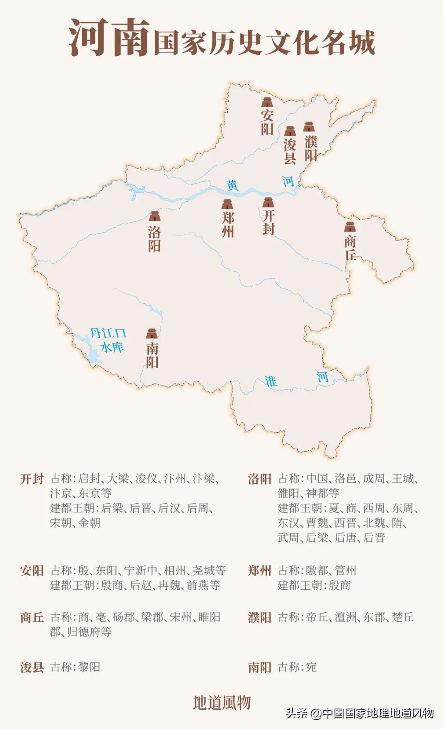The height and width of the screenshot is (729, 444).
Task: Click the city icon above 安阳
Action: pyautogui.click(x=267, y=102)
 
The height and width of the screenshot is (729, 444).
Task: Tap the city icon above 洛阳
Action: pyautogui.click(x=155, y=216)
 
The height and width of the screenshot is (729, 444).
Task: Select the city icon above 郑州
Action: pyautogui.click(x=227, y=204)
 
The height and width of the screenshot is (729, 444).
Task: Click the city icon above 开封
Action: pyautogui.click(x=268, y=202)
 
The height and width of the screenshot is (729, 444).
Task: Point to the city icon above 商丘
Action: pyautogui.click(x=350, y=227)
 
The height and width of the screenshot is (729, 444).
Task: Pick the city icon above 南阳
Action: pyautogui.click(x=152, y=333)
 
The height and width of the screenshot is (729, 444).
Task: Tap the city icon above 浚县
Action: pyautogui.click(x=290, y=131)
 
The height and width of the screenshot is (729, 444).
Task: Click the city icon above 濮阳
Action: pyautogui.click(x=309, y=127)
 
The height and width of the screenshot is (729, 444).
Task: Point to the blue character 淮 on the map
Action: pyautogui.click(x=271, y=381)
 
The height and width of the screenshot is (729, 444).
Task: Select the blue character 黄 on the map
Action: pyautogui.click(x=232, y=185)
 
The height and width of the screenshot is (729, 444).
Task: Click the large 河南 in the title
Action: pyautogui.click(x=109, y=38)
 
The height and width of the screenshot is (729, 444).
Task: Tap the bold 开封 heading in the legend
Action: pyautogui.click(x=32, y=479)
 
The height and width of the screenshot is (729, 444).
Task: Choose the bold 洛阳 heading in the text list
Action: pyautogui.click(x=259, y=479)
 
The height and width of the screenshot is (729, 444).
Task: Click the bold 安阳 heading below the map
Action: pyautogui.click(x=32, y=570)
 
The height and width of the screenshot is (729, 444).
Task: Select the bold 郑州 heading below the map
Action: pyautogui.click(x=259, y=570)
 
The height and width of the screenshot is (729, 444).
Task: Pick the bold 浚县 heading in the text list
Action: pyautogui.click(x=32, y=667)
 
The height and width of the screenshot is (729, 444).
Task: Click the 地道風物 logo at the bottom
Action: pyautogui.click(x=222, y=703)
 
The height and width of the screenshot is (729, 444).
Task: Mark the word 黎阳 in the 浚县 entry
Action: pyautogui.click(x=89, y=667)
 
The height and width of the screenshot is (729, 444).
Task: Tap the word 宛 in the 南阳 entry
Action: pyautogui.click(x=311, y=667)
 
